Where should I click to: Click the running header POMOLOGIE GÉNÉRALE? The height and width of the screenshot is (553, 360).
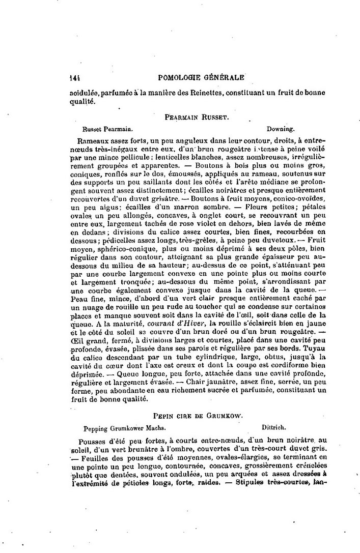click(202, 77)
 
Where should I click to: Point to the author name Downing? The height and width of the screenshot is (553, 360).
click(280, 129)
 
